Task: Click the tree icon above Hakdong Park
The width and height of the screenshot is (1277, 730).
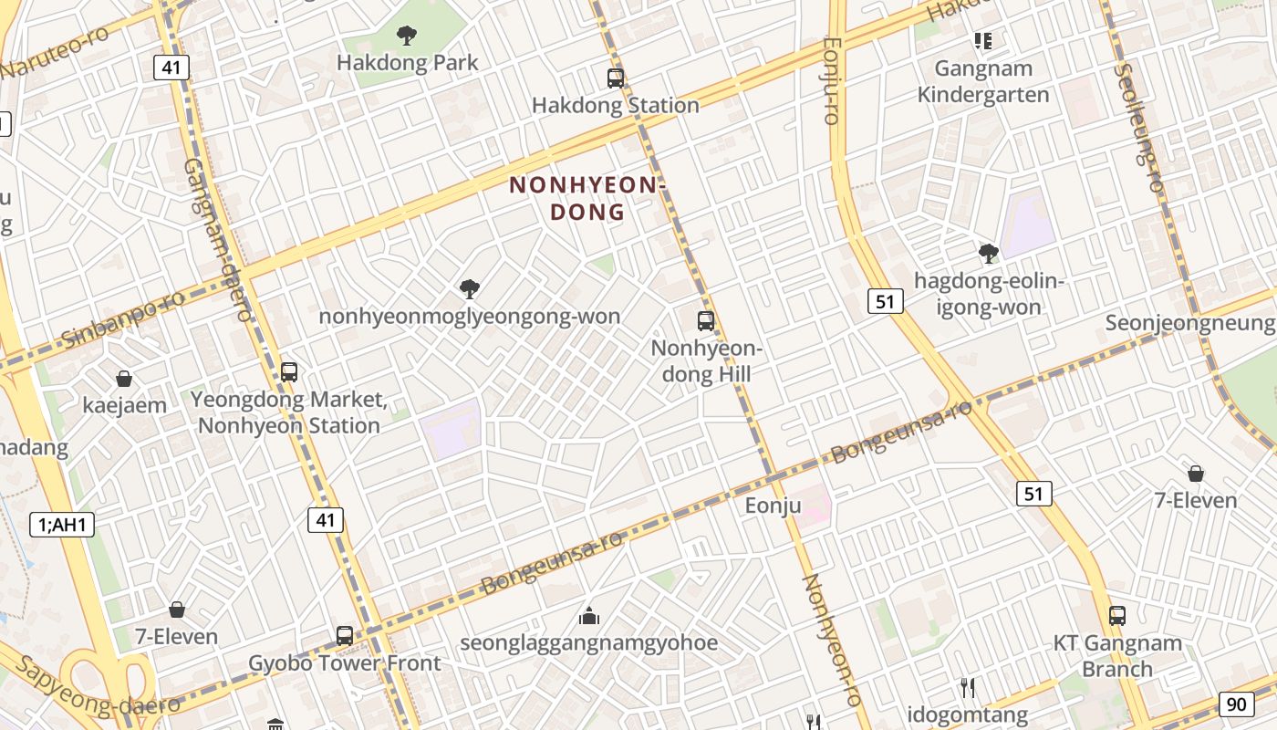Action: [x=407, y=36]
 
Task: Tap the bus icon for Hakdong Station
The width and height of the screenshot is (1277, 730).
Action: [x=616, y=78]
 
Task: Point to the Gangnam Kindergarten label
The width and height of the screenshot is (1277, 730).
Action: [x=983, y=81]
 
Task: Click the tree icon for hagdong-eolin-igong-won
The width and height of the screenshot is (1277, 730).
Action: [x=988, y=254]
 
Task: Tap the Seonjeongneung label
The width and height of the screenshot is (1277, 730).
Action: [x=1189, y=323]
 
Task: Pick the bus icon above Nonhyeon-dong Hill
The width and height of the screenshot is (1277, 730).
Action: [x=706, y=320]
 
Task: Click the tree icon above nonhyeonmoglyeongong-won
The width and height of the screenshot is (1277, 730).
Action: [x=470, y=289]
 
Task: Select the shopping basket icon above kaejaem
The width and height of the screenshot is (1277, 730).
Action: [x=124, y=379]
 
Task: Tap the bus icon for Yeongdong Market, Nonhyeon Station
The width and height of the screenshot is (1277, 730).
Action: [x=289, y=372]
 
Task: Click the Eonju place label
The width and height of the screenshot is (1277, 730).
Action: [x=773, y=505]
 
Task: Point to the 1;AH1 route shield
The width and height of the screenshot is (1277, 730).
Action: [x=62, y=524]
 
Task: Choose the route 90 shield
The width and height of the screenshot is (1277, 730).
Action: [x=1236, y=704]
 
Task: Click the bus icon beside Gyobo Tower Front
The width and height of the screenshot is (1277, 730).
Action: [x=345, y=636]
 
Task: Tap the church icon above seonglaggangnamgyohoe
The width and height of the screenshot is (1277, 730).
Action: [x=589, y=616]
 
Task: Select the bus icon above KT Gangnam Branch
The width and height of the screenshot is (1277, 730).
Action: [x=1117, y=616]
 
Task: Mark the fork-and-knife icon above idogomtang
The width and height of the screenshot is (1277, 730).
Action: [x=968, y=687]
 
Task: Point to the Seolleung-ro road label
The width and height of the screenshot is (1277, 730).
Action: [x=1138, y=128]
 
